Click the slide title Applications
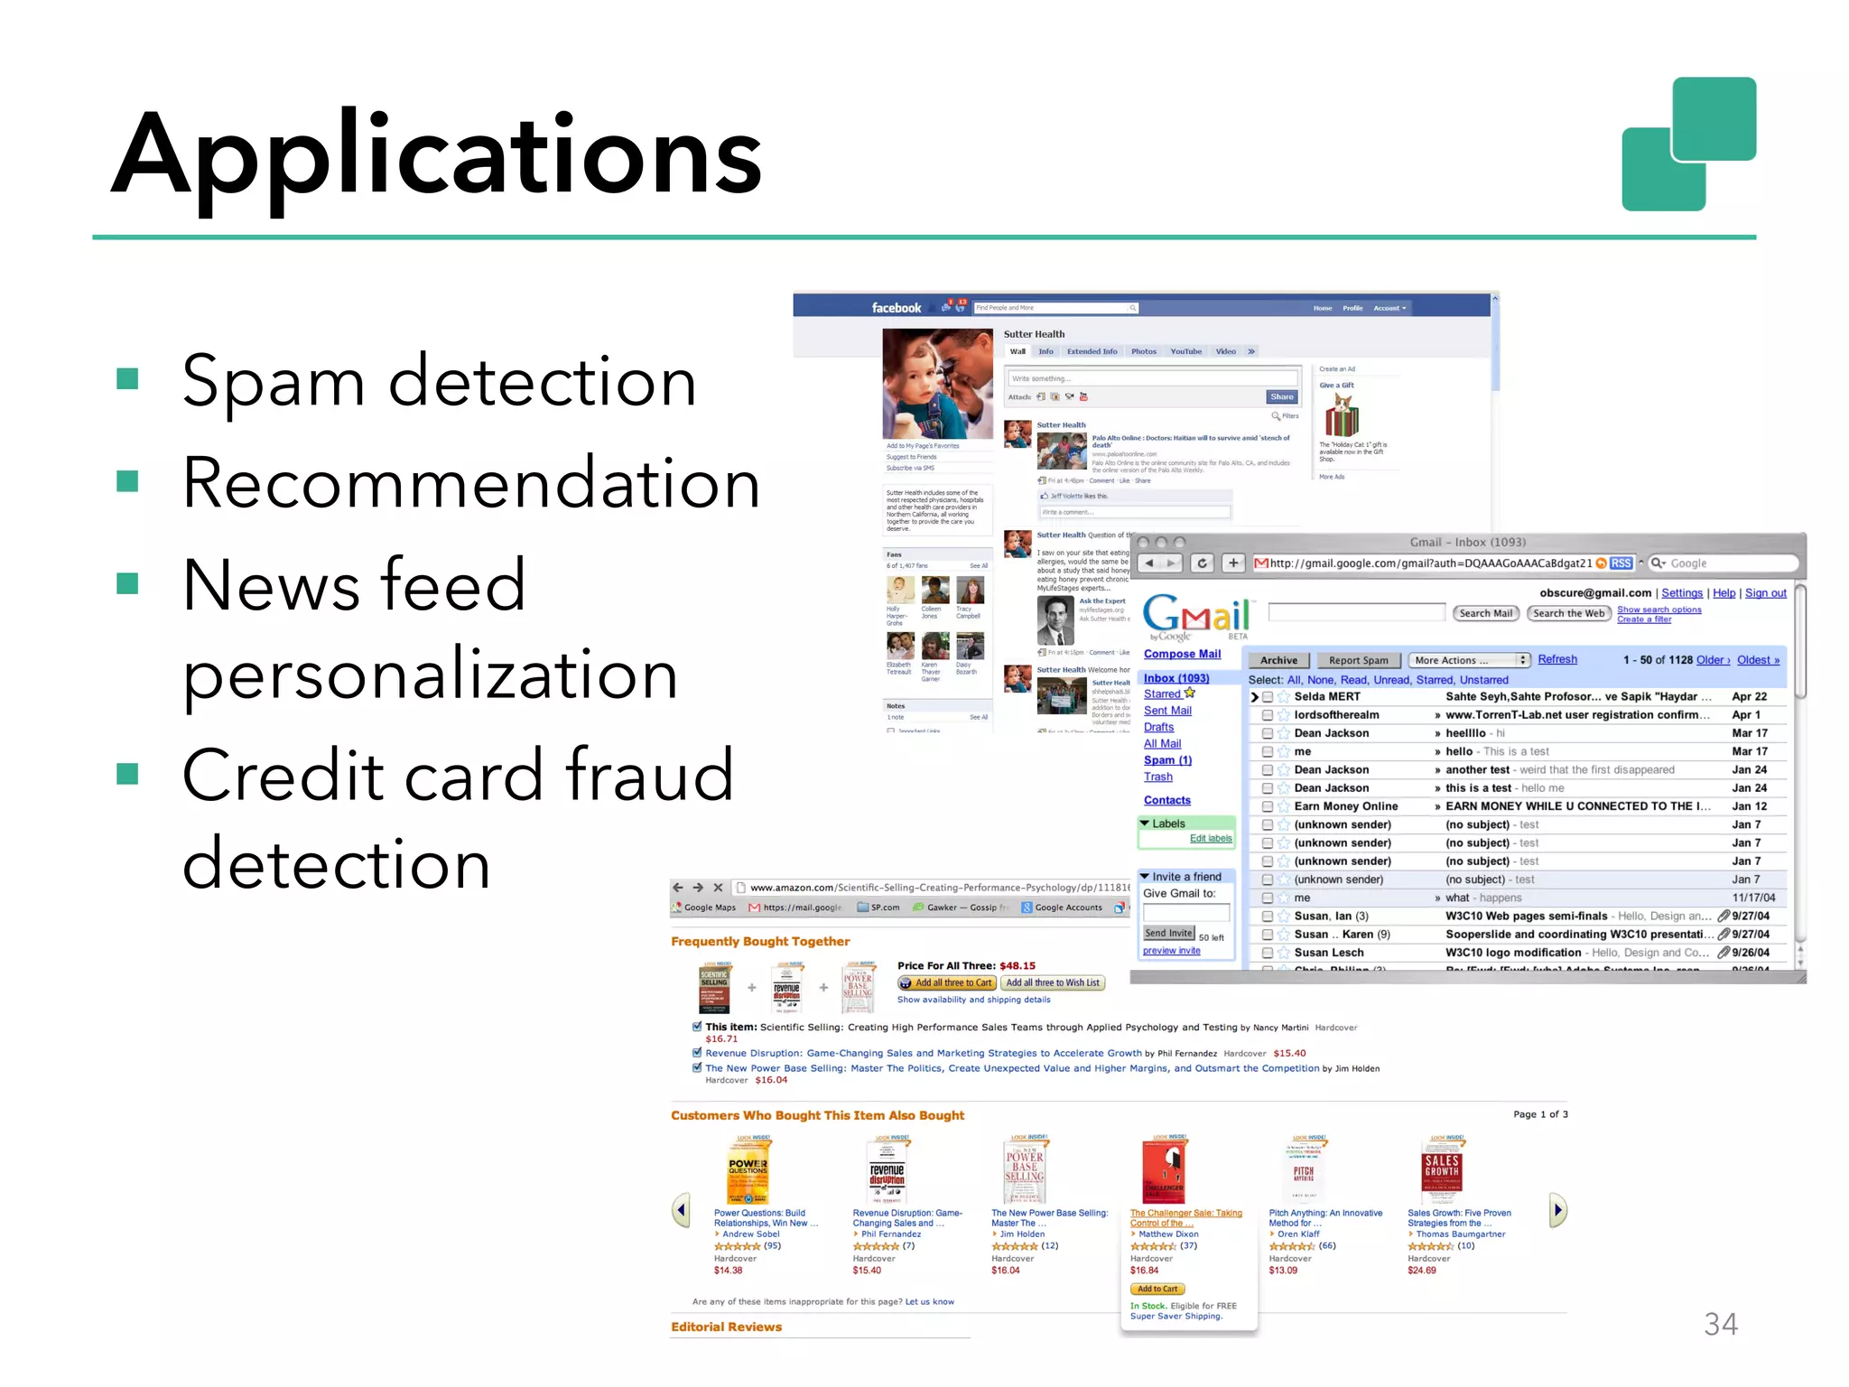coord(437,154)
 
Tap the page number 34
coord(1720,1324)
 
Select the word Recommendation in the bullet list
coord(470,484)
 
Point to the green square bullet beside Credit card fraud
coord(128,774)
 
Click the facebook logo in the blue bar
coord(896,308)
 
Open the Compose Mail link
coord(1182,654)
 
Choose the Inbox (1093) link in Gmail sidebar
coord(1175,678)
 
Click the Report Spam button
coord(1358,660)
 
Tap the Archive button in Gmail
coord(1278,660)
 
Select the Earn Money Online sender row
coord(1345,806)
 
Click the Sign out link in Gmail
coord(1765,593)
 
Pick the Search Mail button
coord(1485,613)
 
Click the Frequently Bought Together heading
coord(760,941)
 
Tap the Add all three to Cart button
coord(946,982)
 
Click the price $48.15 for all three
coord(1017,965)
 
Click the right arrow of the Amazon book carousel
coord(1557,1210)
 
